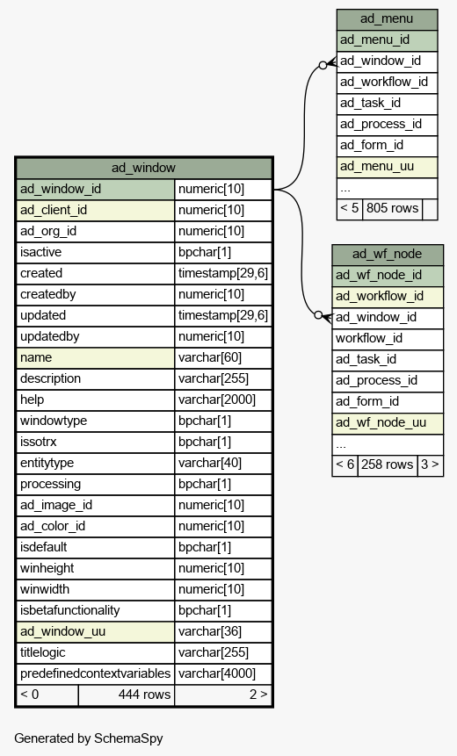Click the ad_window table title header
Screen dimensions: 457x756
pos(144,168)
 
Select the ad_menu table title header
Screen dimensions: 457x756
pos(387,18)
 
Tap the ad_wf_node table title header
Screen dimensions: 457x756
pos(388,254)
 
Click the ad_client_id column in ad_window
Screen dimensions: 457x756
pos(96,210)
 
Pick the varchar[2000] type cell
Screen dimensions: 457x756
pos(223,400)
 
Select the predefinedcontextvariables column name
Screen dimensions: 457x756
pos(96,673)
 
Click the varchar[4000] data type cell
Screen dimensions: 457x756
pos(223,673)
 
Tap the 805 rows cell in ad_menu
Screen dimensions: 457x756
pos(392,208)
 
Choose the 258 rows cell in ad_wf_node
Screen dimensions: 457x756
pos(387,464)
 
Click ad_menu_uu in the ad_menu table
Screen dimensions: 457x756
pos(387,166)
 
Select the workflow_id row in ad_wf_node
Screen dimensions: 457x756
pos(388,338)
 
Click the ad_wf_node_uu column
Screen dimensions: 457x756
pos(388,423)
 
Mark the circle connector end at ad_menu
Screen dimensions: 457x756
pos(323,65)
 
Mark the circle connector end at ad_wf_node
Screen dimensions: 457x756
pos(318,315)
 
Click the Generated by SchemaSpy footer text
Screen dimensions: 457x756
pos(89,738)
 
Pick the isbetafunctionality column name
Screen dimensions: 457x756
pos(96,610)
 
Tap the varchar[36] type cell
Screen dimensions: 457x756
pos(223,631)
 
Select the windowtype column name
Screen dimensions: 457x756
pos(96,421)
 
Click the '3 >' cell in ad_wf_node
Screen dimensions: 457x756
pos(430,464)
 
